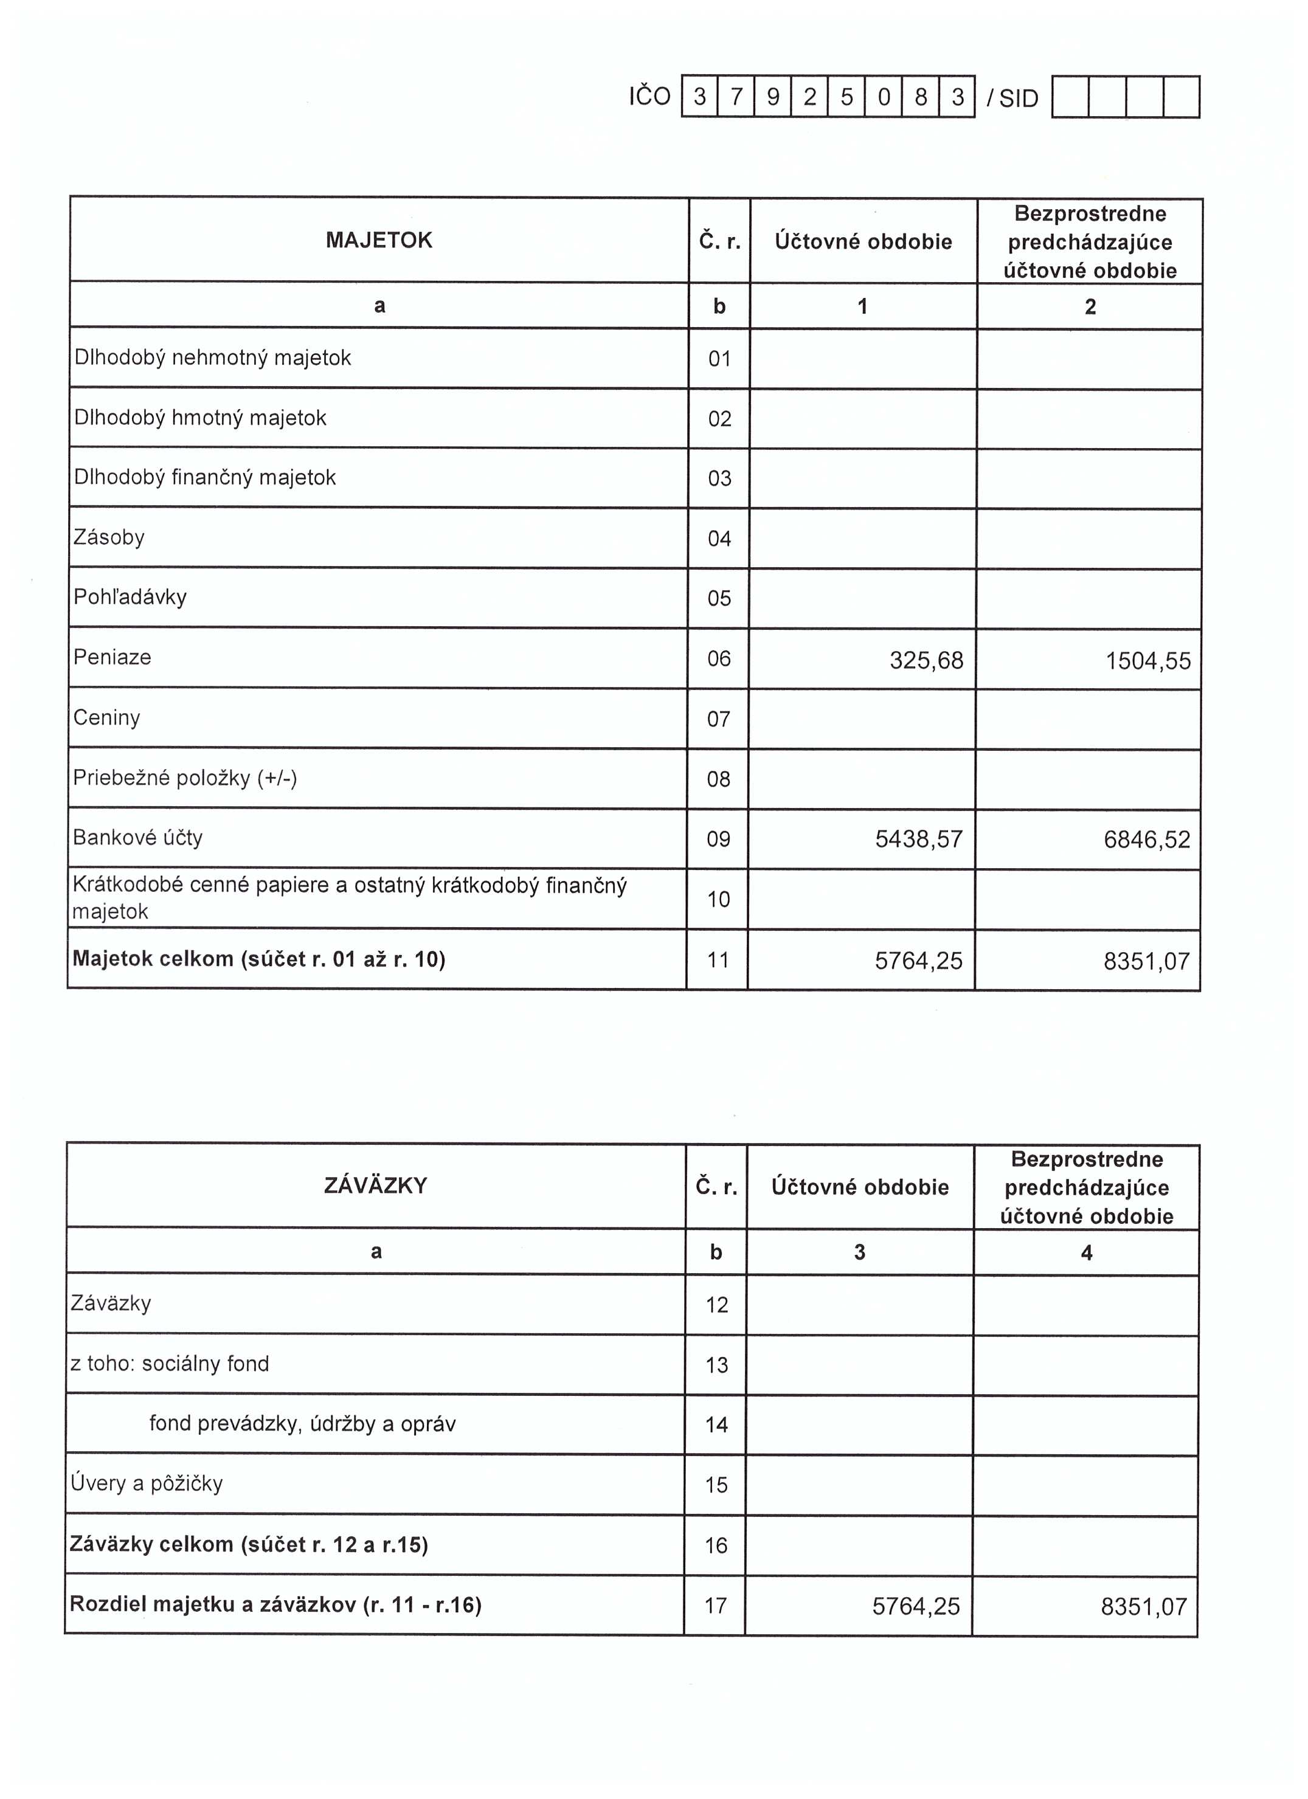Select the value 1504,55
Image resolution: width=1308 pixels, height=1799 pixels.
1148,661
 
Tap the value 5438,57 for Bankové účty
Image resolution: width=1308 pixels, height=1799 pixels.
919,839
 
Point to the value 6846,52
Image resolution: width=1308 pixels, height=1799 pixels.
1147,839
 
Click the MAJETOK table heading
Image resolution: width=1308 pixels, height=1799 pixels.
379,240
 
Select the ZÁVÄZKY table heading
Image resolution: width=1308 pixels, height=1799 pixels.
376,1186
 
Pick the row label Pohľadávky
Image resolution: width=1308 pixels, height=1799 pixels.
130,597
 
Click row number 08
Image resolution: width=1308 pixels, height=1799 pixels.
719,779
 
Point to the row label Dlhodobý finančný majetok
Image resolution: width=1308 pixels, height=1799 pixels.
205,477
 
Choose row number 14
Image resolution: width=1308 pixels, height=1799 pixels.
716,1424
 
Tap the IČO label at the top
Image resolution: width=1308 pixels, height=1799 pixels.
649,97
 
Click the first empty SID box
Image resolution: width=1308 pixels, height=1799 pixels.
1071,97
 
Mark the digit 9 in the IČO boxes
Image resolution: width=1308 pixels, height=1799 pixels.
773,97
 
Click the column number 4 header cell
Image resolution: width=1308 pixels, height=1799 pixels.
1087,1252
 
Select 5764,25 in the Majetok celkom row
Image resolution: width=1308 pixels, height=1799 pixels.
919,961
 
